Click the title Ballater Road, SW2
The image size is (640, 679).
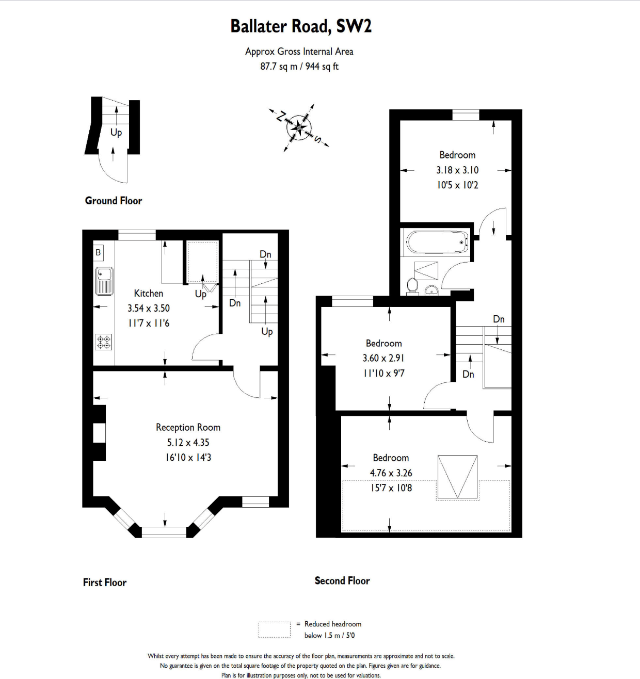(300, 26)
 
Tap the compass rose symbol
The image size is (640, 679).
(299, 127)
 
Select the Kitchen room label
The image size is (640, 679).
(149, 293)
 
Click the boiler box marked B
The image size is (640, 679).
(98, 252)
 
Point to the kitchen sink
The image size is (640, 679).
(104, 281)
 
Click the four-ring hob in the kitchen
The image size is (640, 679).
(104, 342)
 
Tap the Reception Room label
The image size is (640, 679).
(188, 427)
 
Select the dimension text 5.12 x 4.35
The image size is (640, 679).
(188, 442)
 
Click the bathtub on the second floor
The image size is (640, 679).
(437, 242)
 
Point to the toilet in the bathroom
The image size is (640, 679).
(412, 285)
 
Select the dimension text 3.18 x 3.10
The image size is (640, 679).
(457, 170)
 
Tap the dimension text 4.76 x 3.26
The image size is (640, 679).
(391, 473)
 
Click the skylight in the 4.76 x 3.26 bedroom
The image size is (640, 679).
(457, 477)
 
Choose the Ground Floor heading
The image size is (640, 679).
(114, 201)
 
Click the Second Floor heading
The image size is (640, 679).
(342, 580)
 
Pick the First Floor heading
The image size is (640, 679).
(105, 582)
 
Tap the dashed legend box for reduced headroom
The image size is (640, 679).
(274, 629)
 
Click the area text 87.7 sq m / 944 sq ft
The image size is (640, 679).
(299, 66)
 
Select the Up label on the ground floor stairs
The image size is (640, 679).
(116, 133)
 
